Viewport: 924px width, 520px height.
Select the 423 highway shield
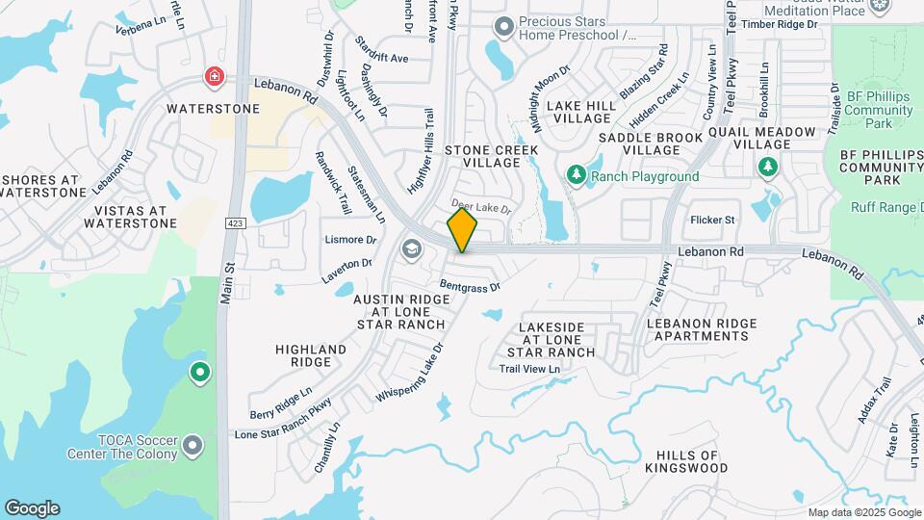click(x=234, y=223)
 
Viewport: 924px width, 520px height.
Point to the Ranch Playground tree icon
click(x=577, y=175)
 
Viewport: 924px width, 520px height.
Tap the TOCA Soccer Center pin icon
click(x=193, y=445)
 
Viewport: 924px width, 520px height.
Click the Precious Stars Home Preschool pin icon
click(x=501, y=26)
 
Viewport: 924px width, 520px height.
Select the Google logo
click(x=32, y=508)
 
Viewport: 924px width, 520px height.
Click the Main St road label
click(x=227, y=278)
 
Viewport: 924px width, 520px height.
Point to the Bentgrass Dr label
click(x=471, y=286)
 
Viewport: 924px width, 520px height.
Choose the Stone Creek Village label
click(x=484, y=156)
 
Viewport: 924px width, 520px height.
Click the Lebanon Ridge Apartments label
click(x=699, y=329)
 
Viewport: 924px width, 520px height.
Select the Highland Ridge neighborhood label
click(x=311, y=355)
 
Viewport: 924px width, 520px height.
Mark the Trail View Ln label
click(x=528, y=369)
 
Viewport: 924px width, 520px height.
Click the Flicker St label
click(x=712, y=220)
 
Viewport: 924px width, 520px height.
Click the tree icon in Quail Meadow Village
click(x=767, y=169)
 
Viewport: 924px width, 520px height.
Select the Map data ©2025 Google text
click(x=862, y=512)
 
